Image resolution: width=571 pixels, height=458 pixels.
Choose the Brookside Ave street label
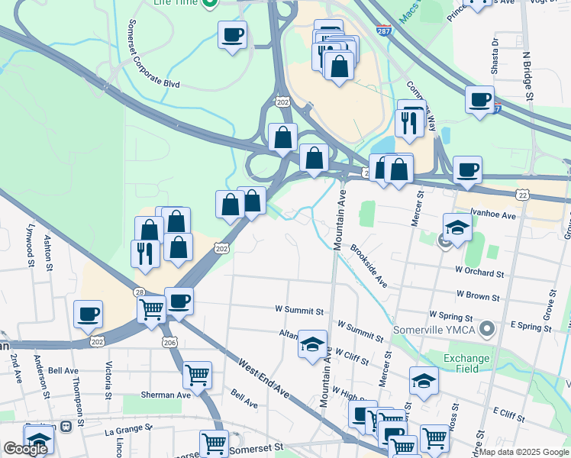coord(369,266)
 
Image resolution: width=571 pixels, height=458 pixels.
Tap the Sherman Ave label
coord(165,395)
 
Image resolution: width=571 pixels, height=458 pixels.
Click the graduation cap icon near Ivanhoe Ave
coord(456,227)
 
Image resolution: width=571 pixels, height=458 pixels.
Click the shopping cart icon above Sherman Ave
coord(198,375)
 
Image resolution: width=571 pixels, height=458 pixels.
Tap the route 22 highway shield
coord(522,195)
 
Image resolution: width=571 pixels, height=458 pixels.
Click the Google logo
coord(25,449)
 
